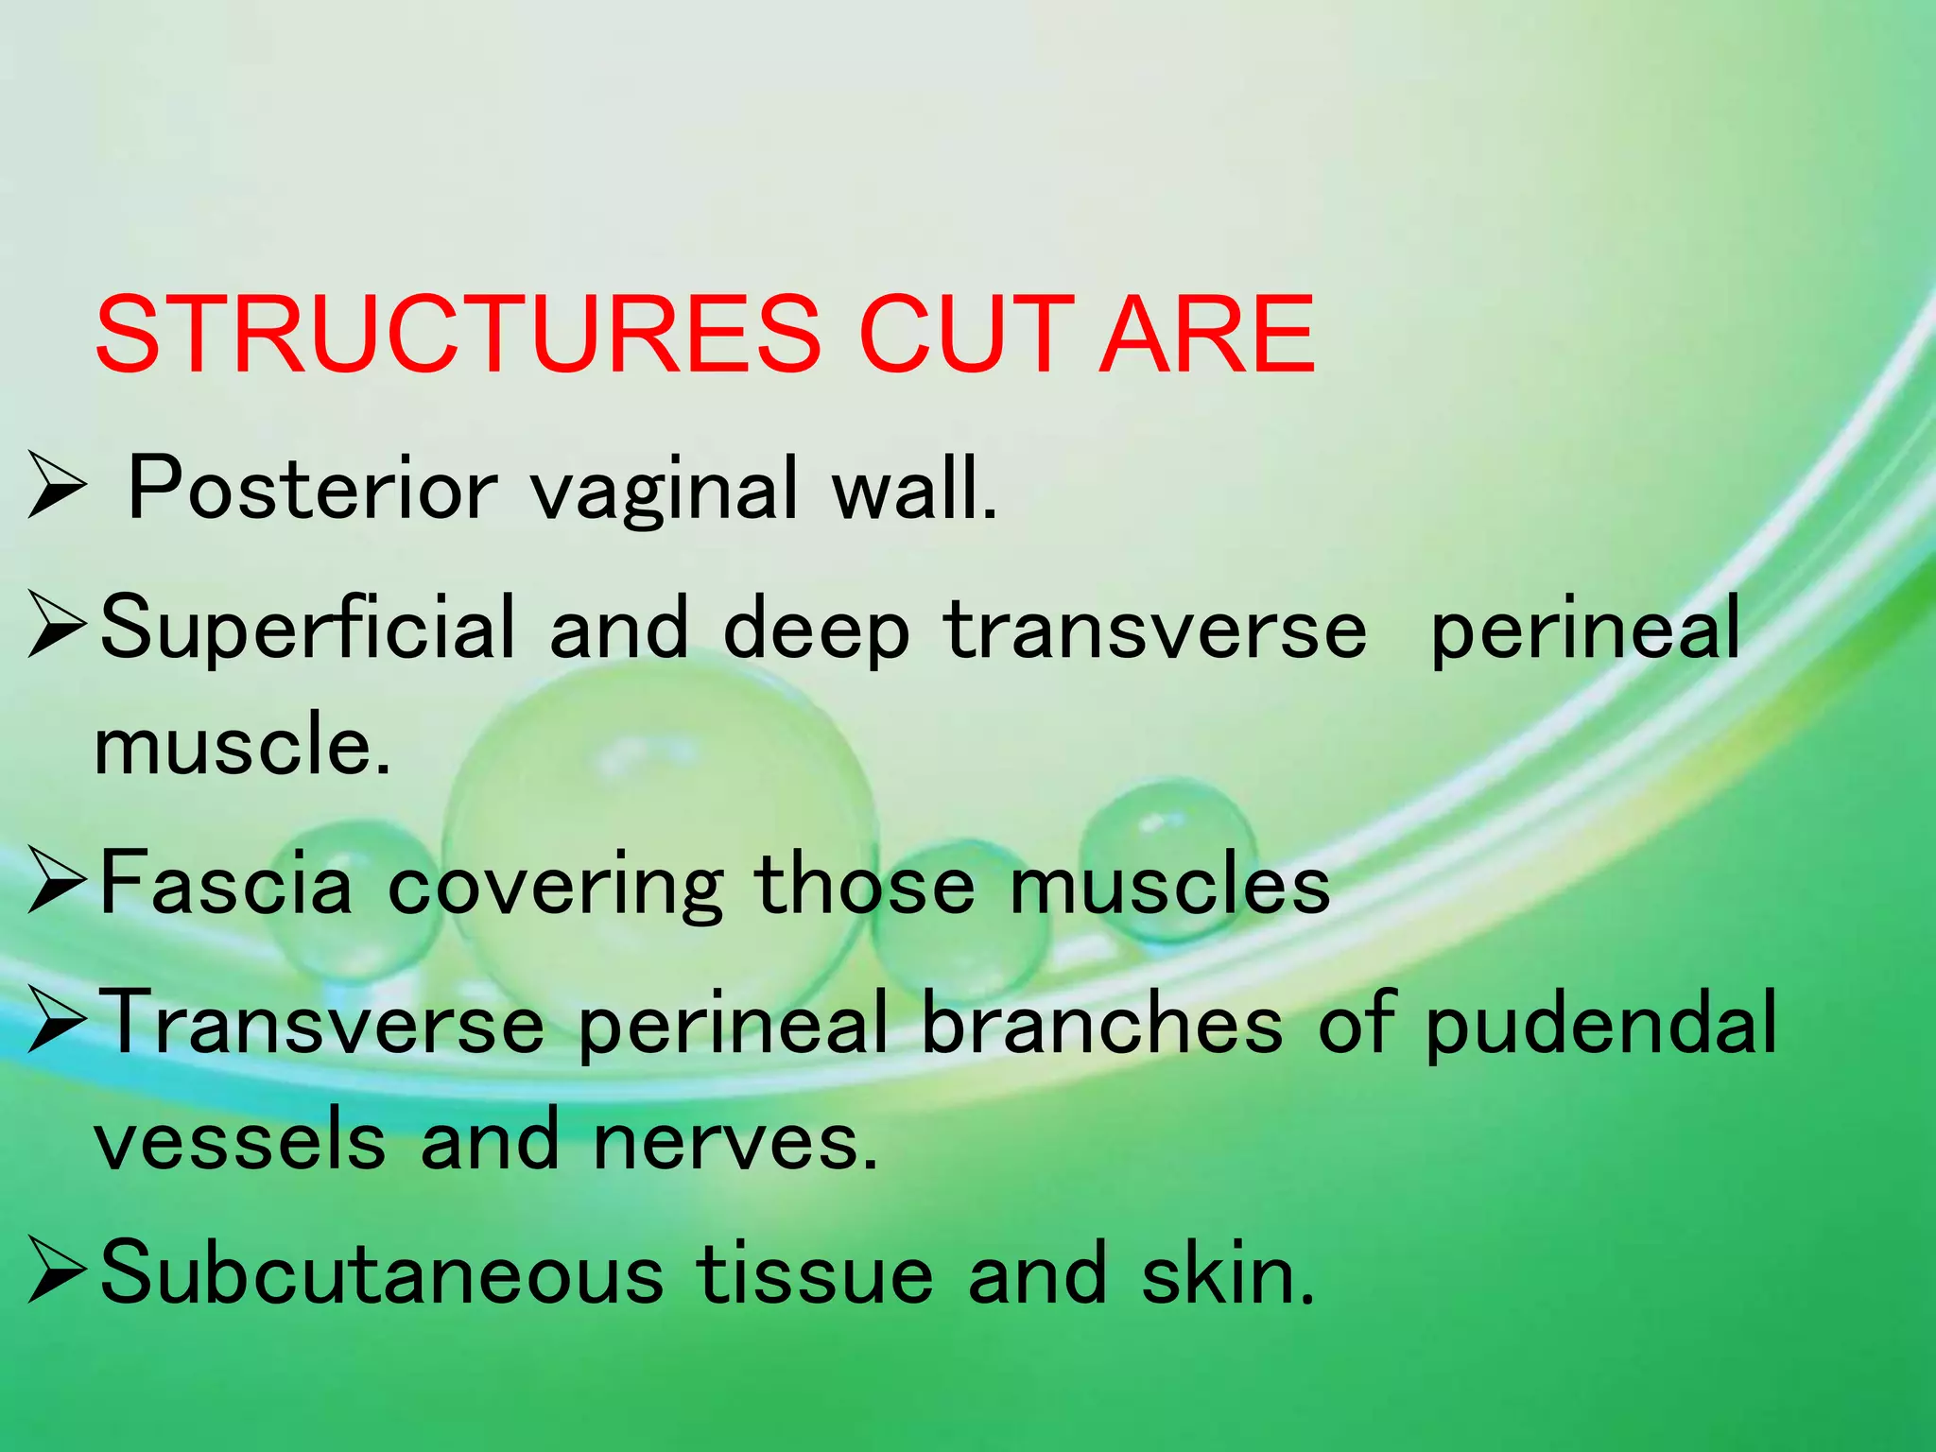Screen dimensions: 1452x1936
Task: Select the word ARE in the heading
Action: click(x=1209, y=335)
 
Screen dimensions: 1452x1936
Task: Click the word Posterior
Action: click(x=312, y=489)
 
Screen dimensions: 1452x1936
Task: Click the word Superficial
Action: click(x=308, y=630)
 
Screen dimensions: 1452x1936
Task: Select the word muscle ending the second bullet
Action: click(x=241, y=745)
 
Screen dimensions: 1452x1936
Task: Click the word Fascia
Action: click(x=225, y=882)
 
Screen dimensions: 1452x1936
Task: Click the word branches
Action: click(x=1101, y=1023)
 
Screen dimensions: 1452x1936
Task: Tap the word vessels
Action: click(x=240, y=1140)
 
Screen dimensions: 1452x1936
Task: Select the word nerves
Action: click(x=734, y=1140)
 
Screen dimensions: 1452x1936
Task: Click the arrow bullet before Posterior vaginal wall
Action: click(x=58, y=484)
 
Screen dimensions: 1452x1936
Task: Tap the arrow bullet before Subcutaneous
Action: click(x=58, y=1270)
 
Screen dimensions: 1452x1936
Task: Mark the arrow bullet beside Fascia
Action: click(x=58, y=879)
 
